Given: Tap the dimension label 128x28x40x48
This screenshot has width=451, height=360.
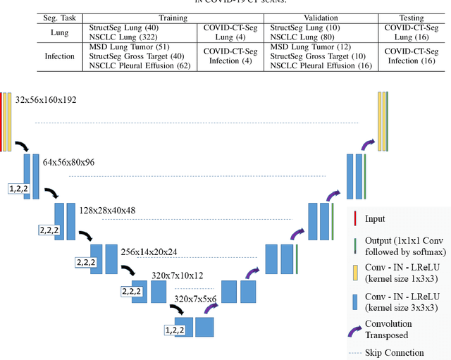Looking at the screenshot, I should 108,210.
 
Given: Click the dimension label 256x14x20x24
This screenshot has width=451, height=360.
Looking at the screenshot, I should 149,252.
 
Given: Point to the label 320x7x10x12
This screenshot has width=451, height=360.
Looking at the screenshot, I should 178,275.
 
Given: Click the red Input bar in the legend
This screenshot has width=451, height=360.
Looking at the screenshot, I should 354,219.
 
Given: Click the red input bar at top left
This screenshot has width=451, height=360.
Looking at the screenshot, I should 2,120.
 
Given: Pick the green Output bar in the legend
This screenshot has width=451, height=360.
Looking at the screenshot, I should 354,246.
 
